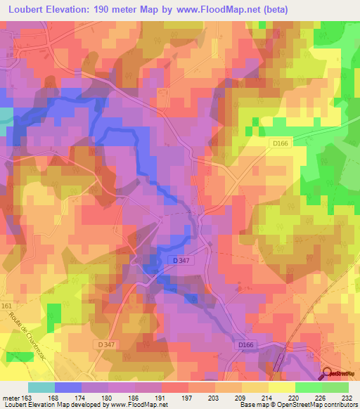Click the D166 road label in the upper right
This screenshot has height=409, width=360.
pos(281,144)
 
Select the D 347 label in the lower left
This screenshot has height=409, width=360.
pos(107,344)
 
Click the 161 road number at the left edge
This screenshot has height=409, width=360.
pos(7,306)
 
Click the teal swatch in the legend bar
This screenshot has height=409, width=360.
pos(41,387)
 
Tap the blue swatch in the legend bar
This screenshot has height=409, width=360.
pos(68,387)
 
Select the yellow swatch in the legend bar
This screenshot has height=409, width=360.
pos(282,387)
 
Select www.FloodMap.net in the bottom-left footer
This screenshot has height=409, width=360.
pos(137,405)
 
